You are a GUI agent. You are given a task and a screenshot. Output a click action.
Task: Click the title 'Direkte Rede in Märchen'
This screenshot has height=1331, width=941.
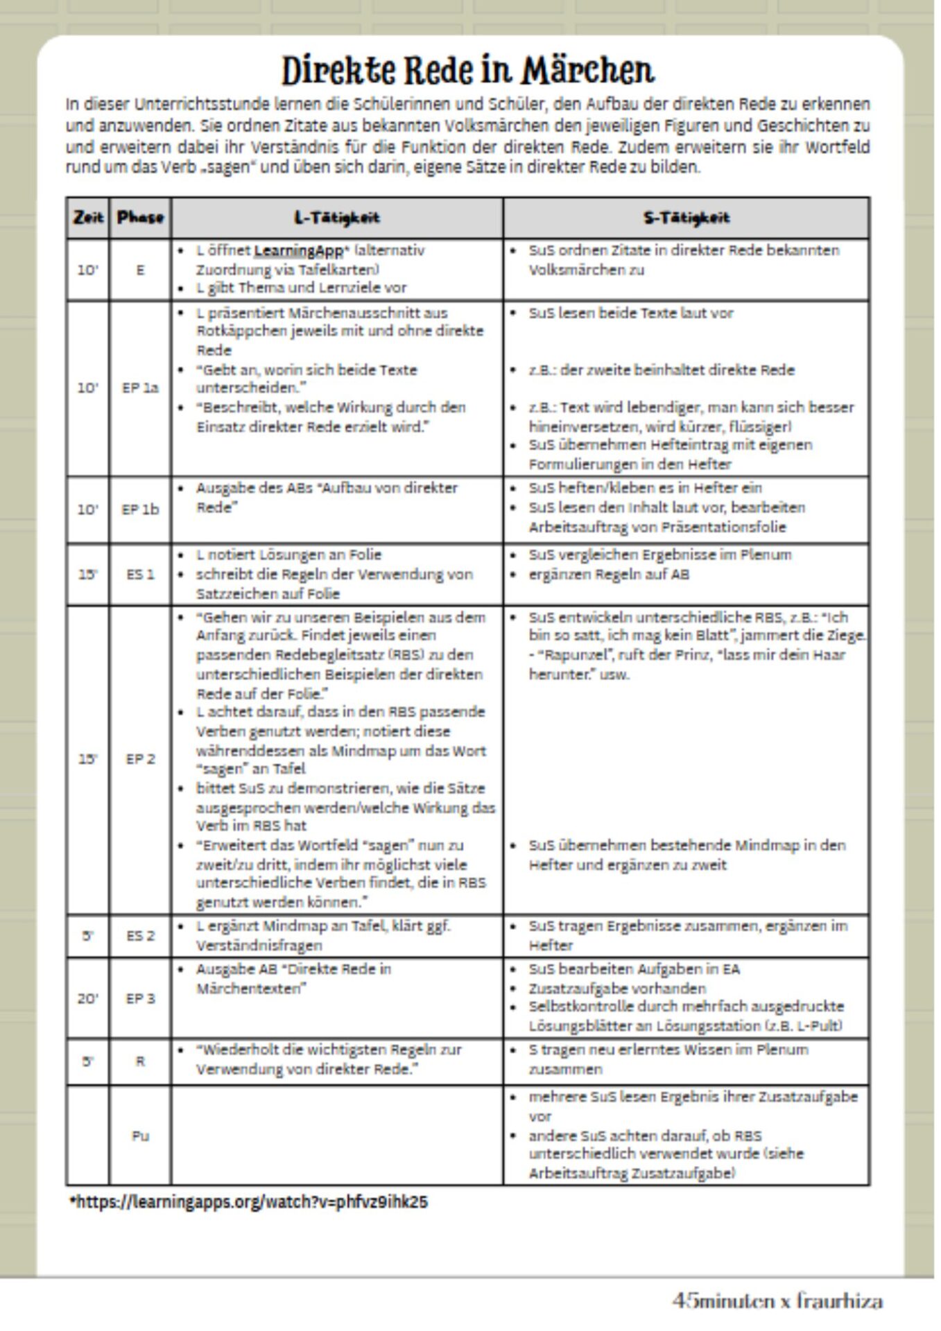pyautogui.click(x=467, y=70)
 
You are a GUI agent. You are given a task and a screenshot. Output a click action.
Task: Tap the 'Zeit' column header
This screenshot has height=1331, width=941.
pyautogui.click(x=88, y=218)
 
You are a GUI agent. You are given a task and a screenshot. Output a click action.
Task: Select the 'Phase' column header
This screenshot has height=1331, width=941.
pyautogui.click(x=140, y=218)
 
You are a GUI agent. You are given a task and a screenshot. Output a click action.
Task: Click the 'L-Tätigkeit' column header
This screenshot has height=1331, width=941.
pyautogui.click(x=337, y=218)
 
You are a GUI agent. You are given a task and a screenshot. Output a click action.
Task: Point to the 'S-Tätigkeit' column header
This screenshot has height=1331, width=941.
pyautogui.click(x=686, y=218)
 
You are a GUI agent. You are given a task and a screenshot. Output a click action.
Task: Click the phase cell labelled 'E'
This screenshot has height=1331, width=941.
pyautogui.click(x=140, y=270)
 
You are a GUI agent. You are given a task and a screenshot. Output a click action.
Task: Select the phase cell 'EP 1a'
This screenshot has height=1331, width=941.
pyautogui.click(x=140, y=388)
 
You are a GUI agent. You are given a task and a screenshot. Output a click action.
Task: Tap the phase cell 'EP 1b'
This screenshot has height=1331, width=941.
pyautogui.click(x=140, y=510)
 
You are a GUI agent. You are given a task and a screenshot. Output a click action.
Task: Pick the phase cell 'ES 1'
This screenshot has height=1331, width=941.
pyautogui.click(x=140, y=574)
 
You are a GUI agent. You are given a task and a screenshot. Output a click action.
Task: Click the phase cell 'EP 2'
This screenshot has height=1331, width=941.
pyautogui.click(x=140, y=759)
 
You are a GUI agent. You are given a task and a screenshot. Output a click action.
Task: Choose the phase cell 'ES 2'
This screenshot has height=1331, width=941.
pyautogui.click(x=140, y=936)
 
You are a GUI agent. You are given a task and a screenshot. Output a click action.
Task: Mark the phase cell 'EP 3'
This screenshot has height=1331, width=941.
pyautogui.click(x=140, y=998)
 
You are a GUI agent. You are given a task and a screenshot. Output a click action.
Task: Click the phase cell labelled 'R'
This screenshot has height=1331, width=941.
pyautogui.click(x=140, y=1061)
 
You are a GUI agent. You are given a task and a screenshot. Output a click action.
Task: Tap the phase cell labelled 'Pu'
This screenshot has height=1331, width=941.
pyautogui.click(x=140, y=1136)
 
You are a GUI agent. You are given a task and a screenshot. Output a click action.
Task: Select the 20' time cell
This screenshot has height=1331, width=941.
pyautogui.click(x=88, y=998)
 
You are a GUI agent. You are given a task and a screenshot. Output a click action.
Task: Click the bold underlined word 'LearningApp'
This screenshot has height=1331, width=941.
pyautogui.click(x=298, y=251)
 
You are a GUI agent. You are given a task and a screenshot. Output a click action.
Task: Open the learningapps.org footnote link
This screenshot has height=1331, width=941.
pyautogui.click(x=249, y=1202)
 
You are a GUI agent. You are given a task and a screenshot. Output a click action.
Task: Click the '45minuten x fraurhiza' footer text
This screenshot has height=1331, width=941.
pyautogui.click(x=777, y=1300)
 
